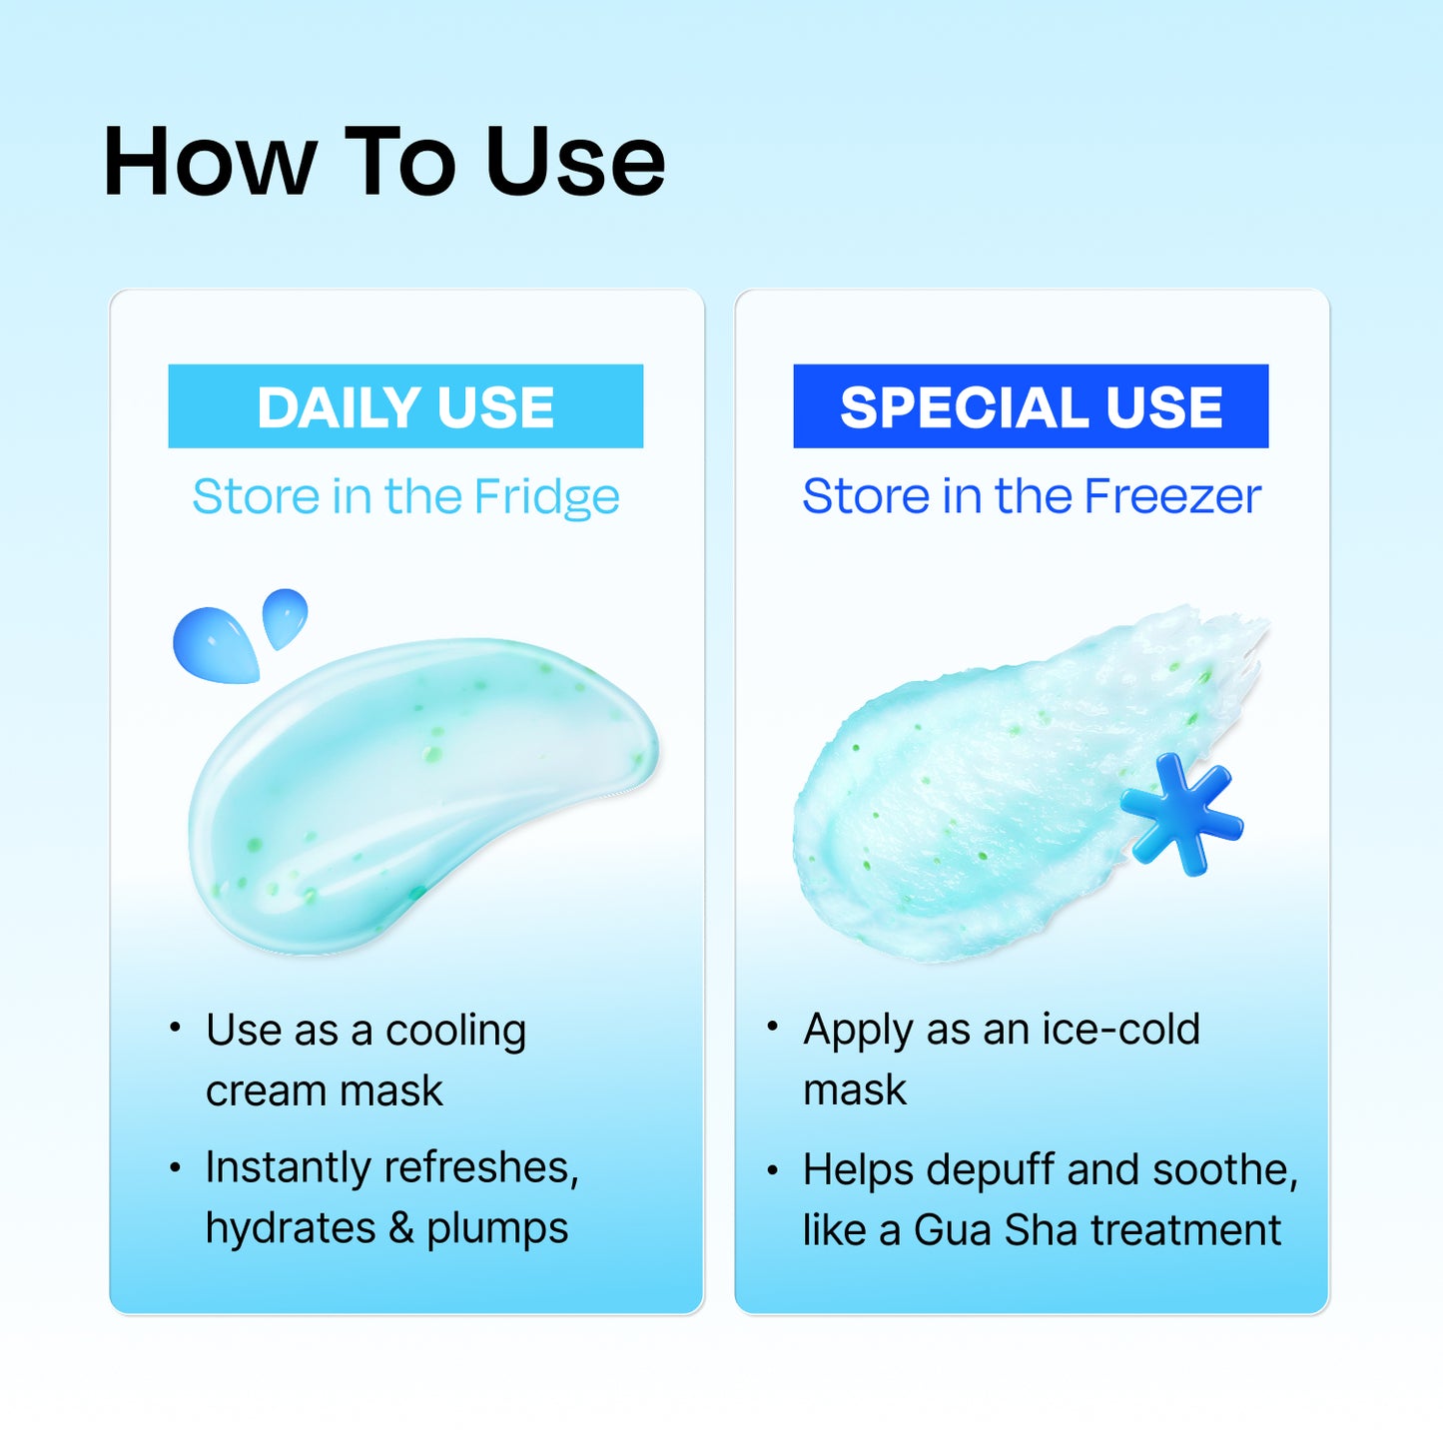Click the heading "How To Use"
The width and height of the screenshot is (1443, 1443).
(384, 162)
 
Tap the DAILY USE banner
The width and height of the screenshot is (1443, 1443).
(405, 406)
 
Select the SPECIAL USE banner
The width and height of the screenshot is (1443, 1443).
(1031, 406)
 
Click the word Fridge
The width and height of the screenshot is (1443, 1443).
(546, 497)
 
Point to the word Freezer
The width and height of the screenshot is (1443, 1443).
(1172, 496)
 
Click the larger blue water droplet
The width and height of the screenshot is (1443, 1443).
(215, 646)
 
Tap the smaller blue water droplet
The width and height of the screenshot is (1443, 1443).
(284, 616)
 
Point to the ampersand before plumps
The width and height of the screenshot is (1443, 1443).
(400, 1228)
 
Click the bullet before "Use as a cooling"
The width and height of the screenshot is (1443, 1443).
(175, 1028)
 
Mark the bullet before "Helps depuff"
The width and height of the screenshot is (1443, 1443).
(772, 1169)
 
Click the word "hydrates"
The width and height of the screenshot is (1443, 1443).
(291, 1228)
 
